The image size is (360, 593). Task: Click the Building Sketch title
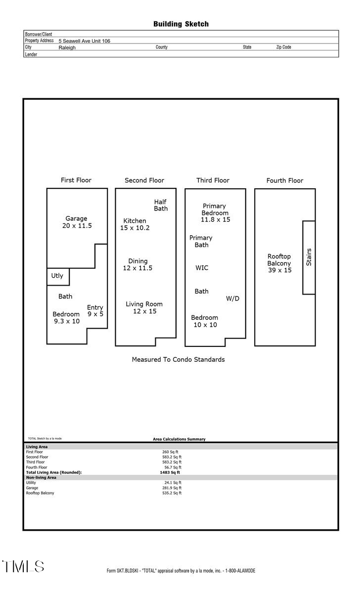coord(180,24)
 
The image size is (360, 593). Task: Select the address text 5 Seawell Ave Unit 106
coord(84,41)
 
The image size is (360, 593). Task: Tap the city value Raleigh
coord(67,47)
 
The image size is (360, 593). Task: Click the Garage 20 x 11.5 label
coord(77,222)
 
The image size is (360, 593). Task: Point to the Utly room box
coord(58,276)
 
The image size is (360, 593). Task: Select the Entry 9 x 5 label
coord(95,310)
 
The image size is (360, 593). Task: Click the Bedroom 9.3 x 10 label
coord(66,318)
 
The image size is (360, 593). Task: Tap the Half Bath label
coord(161,205)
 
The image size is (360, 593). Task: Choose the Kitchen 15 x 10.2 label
coord(135,224)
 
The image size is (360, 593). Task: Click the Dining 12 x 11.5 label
coord(137,264)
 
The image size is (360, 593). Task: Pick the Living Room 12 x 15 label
coord(144,307)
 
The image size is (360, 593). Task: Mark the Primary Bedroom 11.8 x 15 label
coord(215,212)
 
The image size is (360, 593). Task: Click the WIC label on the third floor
coord(202,268)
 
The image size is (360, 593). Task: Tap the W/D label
coord(232,298)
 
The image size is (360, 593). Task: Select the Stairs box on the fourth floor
coord(309,257)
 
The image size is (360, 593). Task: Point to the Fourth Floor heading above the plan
coord(284,180)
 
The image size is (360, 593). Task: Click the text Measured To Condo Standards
coord(178,359)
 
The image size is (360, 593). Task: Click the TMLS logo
coord(23,566)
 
